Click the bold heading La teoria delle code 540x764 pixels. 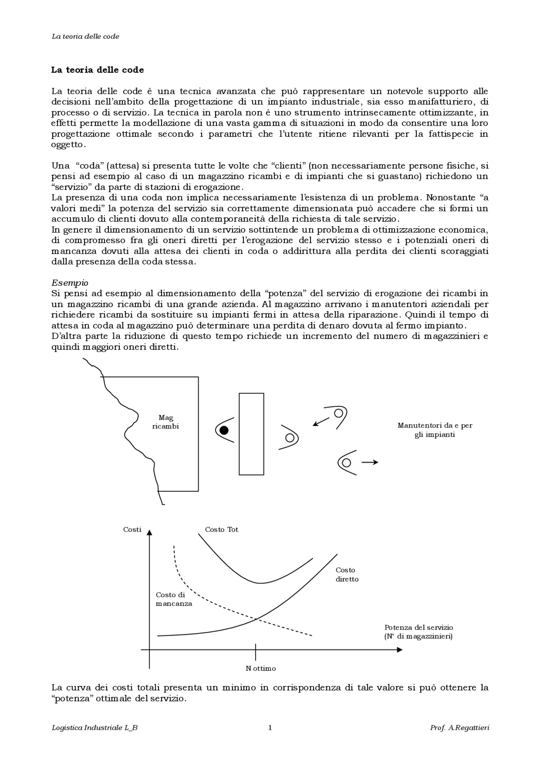tap(97, 70)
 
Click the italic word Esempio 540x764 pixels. tap(70, 283)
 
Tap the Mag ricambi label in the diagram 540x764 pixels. tap(165, 422)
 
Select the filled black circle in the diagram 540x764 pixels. tap(224, 430)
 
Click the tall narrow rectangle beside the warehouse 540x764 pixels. tap(251, 434)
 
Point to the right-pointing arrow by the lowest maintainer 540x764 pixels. tap(370, 462)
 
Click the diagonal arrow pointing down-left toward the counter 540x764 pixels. tap(321, 421)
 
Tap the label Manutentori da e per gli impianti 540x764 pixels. tap(435, 430)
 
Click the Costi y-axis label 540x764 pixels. tap(132, 529)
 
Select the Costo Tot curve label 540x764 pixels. tap(221, 529)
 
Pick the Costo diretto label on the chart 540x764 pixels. tap(347, 575)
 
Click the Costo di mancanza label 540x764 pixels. tap(173, 599)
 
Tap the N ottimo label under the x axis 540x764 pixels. tap(260, 669)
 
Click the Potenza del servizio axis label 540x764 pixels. tap(418, 632)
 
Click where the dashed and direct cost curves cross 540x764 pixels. tap(256, 619)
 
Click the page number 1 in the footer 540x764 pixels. tap(270, 727)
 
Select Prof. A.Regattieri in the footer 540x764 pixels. tap(459, 728)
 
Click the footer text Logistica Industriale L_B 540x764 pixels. tap(94, 728)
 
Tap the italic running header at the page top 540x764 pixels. tap(85, 36)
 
